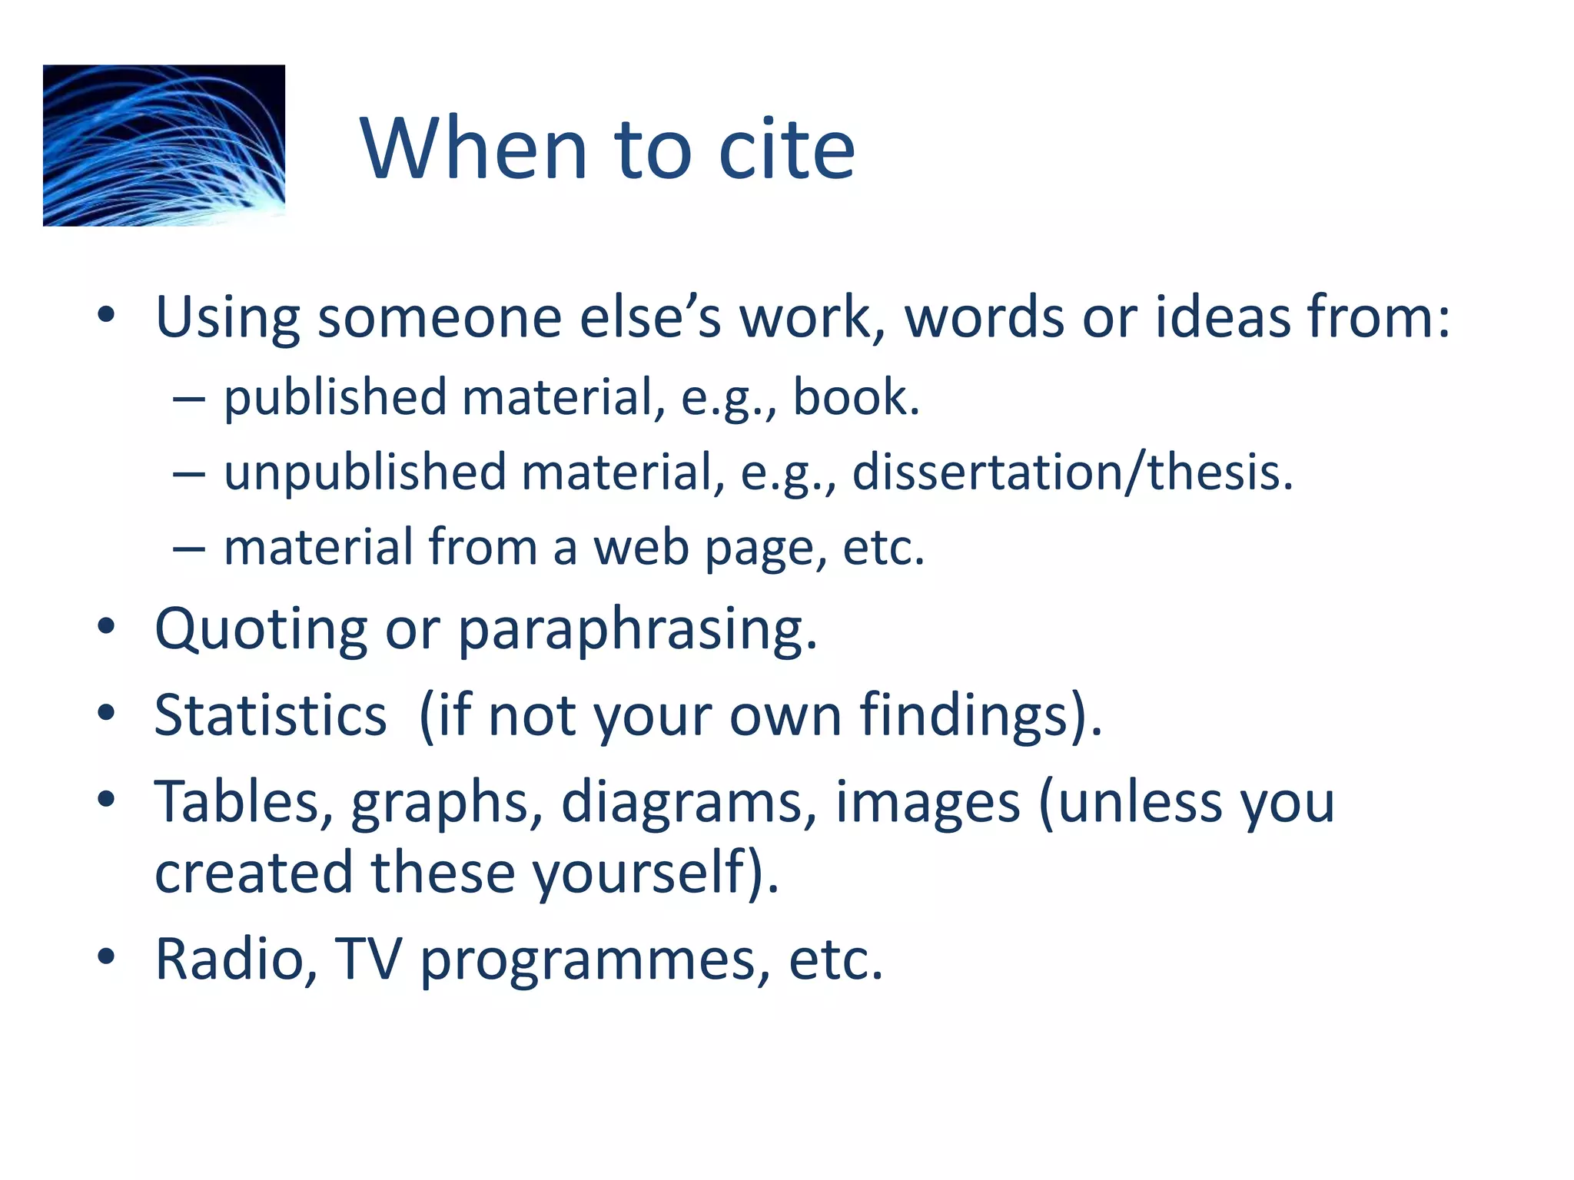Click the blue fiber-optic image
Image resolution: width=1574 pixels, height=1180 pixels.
pyautogui.click(x=164, y=145)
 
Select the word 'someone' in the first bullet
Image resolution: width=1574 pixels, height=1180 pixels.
pyautogui.click(x=440, y=317)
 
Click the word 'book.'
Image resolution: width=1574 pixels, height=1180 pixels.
pyautogui.click(x=855, y=397)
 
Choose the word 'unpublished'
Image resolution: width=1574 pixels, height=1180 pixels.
pyautogui.click(x=365, y=472)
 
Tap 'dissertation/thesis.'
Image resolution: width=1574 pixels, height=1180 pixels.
pyautogui.click(x=1073, y=472)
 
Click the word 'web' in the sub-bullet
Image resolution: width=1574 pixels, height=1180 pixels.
pyautogui.click(x=641, y=547)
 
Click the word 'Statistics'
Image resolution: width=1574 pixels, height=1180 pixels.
pyautogui.click(x=271, y=715)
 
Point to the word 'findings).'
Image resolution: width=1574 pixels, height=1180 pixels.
pyautogui.click(x=981, y=715)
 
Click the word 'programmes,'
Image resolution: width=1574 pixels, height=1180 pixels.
pyautogui.click(x=596, y=960)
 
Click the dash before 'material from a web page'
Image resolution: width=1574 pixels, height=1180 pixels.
pyautogui.click(x=189, y=549)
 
